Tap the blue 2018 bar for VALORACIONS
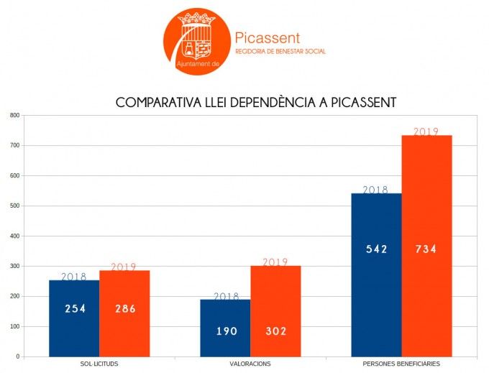point(225,328)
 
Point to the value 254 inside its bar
point(74,309)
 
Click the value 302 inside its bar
point(275,331)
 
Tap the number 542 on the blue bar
point(376,249)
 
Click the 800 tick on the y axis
point(14,115)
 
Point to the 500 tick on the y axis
point(14,206)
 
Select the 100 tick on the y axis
point(14,326)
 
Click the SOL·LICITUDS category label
point(99,364)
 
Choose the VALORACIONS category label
point(250,364)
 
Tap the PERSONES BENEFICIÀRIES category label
point(401,364)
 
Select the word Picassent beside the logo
point(268,38)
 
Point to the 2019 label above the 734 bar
point(426,132)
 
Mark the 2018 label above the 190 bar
point(225,296)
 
